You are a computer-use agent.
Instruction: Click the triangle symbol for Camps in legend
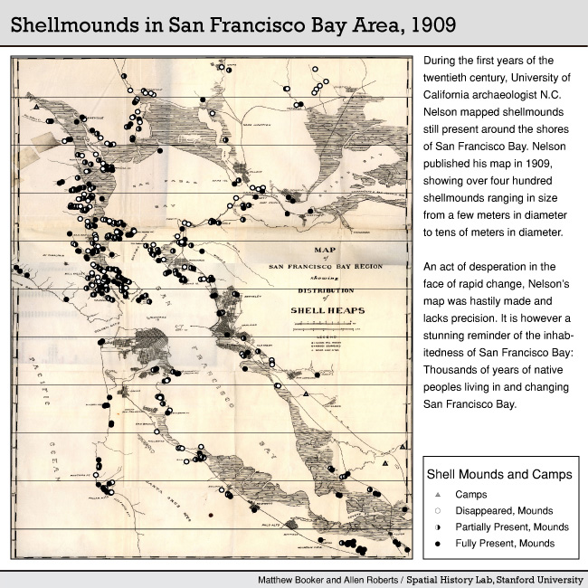point(438,495)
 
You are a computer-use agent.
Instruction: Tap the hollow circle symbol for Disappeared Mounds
point(438,511)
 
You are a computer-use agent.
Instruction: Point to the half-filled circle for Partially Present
point(438,527)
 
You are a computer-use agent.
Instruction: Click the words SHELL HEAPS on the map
point(327,309)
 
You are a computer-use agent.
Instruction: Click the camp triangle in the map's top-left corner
point(33,108)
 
